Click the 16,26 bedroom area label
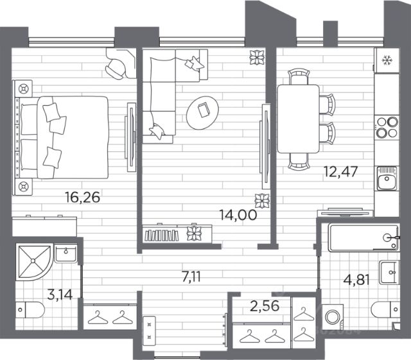83,197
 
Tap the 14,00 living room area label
238,215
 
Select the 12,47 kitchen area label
341,171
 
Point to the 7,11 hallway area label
191,277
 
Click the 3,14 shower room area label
60,295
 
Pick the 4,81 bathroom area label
356,280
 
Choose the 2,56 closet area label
265,305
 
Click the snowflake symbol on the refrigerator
387,60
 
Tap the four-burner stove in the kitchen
387,127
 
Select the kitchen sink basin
387,178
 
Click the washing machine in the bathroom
333,317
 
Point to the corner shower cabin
33,261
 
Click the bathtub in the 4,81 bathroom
364,237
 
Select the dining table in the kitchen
298,119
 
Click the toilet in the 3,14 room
30,310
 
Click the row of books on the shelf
162,235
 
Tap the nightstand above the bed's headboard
23,89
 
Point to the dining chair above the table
299,76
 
